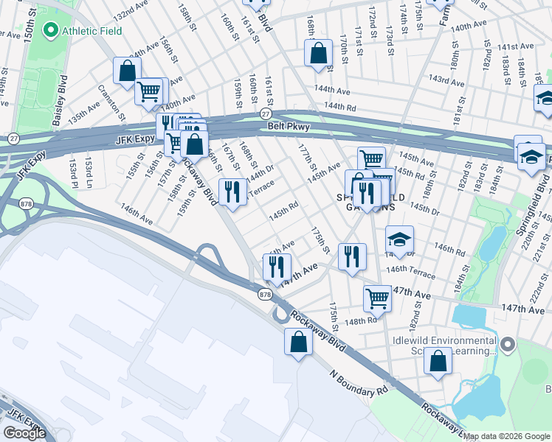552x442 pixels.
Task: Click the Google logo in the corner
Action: click(x=24, y=432)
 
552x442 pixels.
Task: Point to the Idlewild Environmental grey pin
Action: click(x=507, y=344)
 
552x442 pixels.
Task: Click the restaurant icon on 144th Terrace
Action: click(x=233, y=192)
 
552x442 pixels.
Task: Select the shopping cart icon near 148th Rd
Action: click(x=377, y=298)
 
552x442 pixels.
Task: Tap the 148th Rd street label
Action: click(x=364, y=321)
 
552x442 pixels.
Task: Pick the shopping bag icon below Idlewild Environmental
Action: click(x=438, y=362)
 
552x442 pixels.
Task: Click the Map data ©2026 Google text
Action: click(x=506, y=436)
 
